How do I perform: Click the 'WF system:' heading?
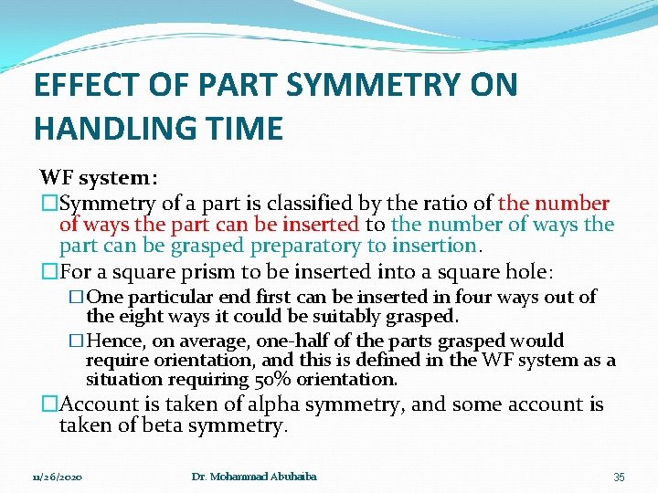point(98,177)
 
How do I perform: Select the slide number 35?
point(619,477)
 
